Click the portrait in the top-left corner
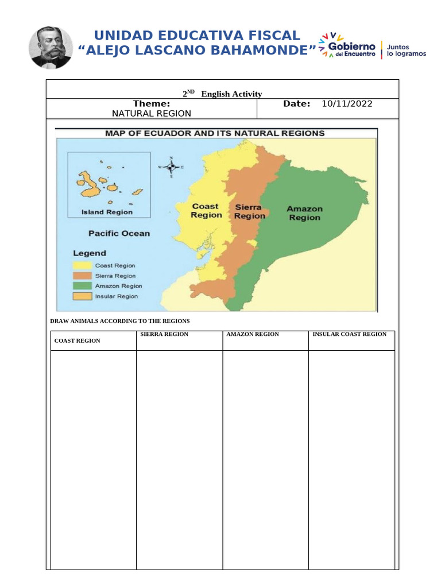pos(51,47)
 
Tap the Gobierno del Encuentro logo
pos(350,47)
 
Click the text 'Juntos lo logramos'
pos(407,50)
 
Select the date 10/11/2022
pos(347,104)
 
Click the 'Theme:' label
pos(151,103)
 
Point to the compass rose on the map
pos(171,167)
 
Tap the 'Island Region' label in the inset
pos(107,212)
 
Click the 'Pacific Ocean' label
pos(119,233)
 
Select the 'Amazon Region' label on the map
pos(304,213)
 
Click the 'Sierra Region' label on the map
pos(249,211)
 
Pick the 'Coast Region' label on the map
pos(206,211)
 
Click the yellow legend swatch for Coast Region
pos(82,266)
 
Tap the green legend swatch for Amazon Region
pos(82,286)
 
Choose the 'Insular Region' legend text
pos(117,296)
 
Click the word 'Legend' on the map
pos(89,253)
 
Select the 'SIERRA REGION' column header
pos(164,334)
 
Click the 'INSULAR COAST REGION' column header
pos(349,334)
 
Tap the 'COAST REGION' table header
pos(77,341)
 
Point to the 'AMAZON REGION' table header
pos(253,334)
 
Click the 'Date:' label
pos(297,103)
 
